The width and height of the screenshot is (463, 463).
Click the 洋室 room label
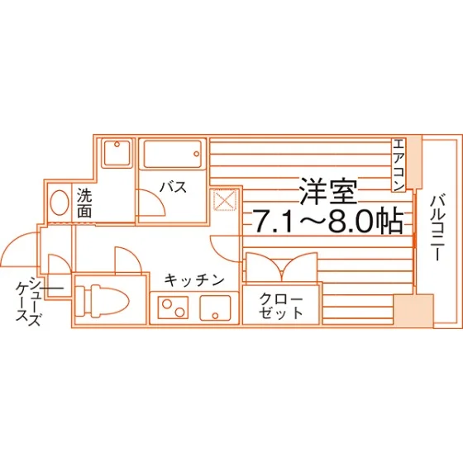(x=328, y=191)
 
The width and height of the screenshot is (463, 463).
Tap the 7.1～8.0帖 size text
(x=327, y=222)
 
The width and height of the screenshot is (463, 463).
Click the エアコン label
(x=399, y=165)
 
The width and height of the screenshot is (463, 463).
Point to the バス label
(x=174, y=187)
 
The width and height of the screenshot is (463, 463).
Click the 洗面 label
(x=84, y=203)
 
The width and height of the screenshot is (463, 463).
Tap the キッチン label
(x=194, y=280)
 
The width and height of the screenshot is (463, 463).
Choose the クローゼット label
(x=281, y=306)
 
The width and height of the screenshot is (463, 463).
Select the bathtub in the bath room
(x=173, y=154)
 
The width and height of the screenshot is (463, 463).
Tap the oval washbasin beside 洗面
(x=60, y=203)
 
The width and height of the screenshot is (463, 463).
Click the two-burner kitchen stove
(x=173, y=308)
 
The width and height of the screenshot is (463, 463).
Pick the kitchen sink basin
(x=215, y=308)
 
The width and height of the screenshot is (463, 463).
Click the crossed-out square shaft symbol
(x=225, y=200)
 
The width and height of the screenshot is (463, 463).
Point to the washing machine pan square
(x=117, y=154)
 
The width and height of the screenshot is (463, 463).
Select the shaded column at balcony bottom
(x=413, y=309)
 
